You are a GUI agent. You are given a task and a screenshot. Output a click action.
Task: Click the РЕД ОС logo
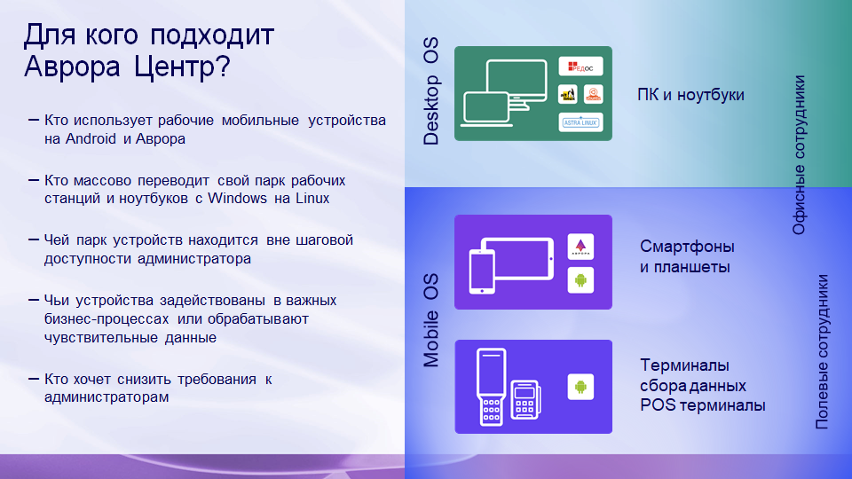coord(580,67)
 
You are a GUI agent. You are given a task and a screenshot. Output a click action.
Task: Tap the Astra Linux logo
coord(580,122)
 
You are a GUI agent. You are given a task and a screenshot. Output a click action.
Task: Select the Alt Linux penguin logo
coord(568,94)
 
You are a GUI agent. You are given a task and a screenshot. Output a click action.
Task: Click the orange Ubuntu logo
coord(593,94)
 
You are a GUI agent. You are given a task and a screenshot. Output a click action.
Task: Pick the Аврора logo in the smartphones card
coord(580,247)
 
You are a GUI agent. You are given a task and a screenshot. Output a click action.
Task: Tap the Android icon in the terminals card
coord(580,387)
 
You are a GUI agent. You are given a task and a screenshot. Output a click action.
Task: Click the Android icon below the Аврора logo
coord(580,280)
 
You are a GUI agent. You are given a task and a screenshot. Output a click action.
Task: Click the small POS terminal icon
coord(526,400)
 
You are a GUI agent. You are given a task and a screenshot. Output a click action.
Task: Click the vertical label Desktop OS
coord(431,97)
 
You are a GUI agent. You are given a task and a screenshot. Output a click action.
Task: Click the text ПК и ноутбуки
coord(690,95)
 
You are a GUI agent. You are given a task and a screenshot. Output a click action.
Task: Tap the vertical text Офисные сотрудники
coord(799,155)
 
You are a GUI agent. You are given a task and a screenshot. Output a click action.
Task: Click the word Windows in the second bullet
coord(237,198)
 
